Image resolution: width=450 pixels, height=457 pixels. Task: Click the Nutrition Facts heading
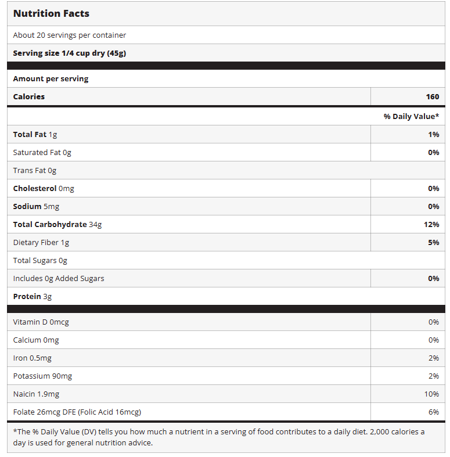(51, 13)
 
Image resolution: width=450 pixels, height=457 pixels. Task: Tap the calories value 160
(432, 96)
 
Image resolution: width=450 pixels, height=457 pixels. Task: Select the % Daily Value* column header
(411, 116)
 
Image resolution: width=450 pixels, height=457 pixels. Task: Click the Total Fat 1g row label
(35, 134)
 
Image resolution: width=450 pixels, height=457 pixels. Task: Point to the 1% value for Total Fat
(433, 134)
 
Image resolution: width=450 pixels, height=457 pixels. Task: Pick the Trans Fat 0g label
(35, 170)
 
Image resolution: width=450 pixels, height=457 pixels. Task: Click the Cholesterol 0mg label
(44, 188)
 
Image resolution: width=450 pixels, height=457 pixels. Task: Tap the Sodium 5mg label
(36, 206)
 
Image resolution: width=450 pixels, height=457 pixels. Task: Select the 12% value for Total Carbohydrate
(431, 224)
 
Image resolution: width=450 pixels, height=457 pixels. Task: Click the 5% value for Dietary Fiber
(433, 242)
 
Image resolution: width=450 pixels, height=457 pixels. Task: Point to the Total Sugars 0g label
(40, 260)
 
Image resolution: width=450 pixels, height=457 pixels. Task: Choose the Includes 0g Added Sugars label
(59, 278)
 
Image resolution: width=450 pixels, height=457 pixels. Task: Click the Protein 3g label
(33, 296)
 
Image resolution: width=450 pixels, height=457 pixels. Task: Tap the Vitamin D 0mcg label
(41, 322)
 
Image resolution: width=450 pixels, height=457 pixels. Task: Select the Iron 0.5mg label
(33, 358)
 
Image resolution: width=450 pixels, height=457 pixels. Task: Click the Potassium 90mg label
(42, 376)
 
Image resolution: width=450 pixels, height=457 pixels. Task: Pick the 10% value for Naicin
(431, 394)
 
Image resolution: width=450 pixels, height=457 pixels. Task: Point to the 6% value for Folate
(433, 412)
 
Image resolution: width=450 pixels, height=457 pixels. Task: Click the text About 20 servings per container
(70, 35)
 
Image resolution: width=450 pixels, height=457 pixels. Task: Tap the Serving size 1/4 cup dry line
(70, 53)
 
